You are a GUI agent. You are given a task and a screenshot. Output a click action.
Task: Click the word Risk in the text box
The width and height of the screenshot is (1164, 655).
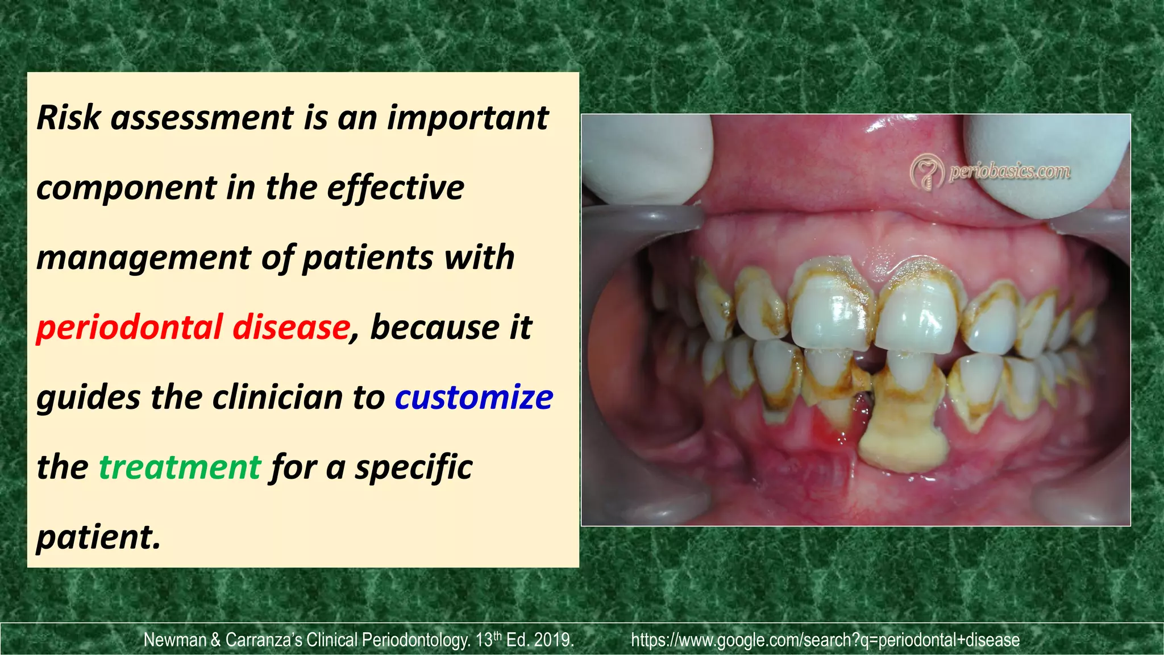point(68,118)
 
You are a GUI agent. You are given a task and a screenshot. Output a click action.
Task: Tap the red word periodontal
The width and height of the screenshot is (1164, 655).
point(129,328)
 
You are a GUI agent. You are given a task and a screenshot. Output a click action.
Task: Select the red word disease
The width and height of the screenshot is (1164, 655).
point(290,328)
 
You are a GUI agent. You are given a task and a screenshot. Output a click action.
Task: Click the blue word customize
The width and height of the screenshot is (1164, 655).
point(473,397)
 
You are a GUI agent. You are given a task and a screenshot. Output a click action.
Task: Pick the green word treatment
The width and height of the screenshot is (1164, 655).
point(180,467)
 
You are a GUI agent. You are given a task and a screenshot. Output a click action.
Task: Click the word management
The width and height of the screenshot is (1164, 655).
point(143,259)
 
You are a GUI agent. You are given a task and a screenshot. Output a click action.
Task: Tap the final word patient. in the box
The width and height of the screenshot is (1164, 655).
point(98,537)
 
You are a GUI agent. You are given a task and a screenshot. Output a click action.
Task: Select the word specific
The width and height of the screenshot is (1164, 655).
point(413,467)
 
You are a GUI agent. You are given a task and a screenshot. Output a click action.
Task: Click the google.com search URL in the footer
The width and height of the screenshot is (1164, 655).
point(825,640)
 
